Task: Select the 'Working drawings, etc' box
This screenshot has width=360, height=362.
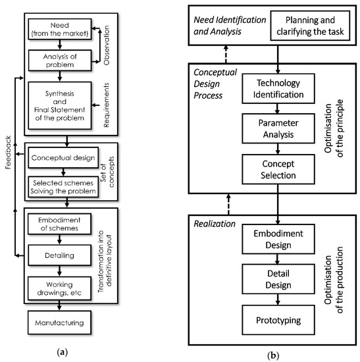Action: point(60,287)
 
